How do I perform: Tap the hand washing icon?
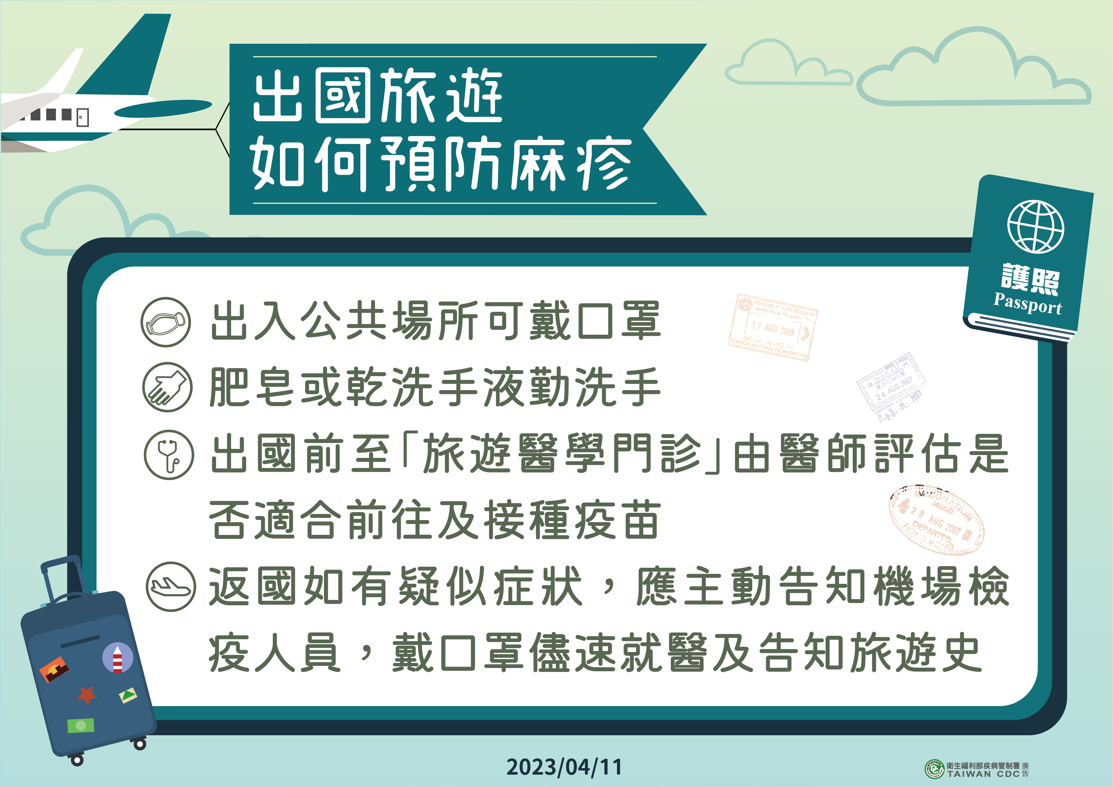(167, 387)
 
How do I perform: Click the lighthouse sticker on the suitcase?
(117, 658)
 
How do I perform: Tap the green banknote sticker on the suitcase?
(81, 726)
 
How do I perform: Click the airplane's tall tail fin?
(131, 56)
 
